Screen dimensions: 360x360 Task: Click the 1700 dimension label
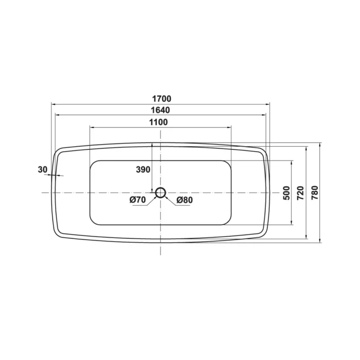pyautogui.click(x=162, y=99)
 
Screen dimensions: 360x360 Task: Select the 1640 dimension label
pyautogui.click(x=160, y=110)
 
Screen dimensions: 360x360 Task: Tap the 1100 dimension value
pyautogui.click(x=158, y=122)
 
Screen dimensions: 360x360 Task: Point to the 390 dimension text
pyautogui.click(x=143, y=170)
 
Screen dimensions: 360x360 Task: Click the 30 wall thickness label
pyautogui.click(x=43, y=170)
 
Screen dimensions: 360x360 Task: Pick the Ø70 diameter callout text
pyautogui.click(x=137, y=200)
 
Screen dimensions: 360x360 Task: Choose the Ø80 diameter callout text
pyautogui.click(x=185, y=200)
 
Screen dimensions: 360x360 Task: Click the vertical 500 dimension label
pyautogui.click(x=287, y=193)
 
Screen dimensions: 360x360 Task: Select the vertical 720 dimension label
pyautogui.click(x=300, y=193)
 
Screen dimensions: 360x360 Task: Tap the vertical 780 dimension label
pyautogui.click(x=315, y=193)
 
